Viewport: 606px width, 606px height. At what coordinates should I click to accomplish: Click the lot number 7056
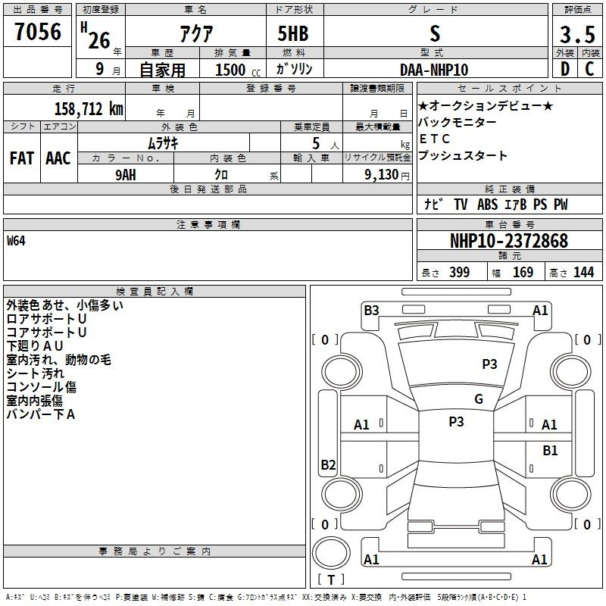point(38,32)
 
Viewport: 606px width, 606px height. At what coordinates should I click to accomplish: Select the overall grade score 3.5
point(577,34)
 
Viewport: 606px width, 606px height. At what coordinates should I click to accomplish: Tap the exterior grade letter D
point(565,69)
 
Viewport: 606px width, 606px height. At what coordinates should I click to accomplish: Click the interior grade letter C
point(589,69)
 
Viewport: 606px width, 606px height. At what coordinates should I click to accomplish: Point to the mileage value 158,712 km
point(89,109)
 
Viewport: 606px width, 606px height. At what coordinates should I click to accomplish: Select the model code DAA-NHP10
point(434,70)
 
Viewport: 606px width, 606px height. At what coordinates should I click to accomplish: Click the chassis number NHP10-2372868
point(509,241)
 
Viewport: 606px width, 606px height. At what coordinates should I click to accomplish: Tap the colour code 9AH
point(126,175)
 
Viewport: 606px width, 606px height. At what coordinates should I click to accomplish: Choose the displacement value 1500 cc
point(238,70)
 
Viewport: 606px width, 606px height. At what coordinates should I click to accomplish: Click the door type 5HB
point(293,33)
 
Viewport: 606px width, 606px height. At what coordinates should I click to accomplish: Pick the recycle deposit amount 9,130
point(382,175)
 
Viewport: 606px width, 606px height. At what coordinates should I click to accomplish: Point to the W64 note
point(16,241)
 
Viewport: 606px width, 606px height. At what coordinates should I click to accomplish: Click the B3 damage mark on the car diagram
point(371,311)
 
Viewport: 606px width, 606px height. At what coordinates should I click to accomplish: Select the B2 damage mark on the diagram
point(328,464)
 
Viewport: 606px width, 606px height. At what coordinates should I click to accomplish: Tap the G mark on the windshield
point(479,399)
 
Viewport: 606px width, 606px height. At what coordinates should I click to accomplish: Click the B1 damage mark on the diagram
point(550,451)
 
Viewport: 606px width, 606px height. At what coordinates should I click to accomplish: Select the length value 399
point(459,272)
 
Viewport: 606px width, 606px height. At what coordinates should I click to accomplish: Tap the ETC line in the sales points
point(434,139)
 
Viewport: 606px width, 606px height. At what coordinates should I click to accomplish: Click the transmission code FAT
point(22,158)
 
